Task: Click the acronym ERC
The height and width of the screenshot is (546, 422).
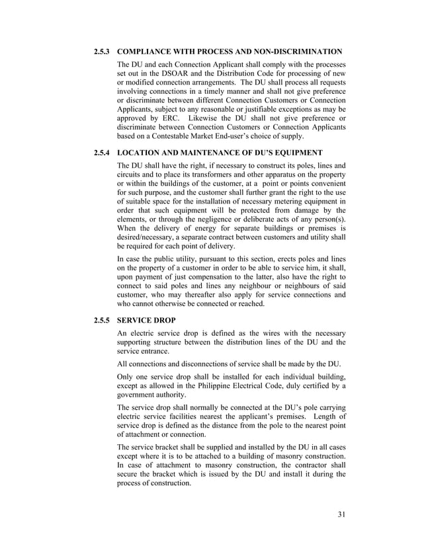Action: pyautogui.click(x=162, y=119)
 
